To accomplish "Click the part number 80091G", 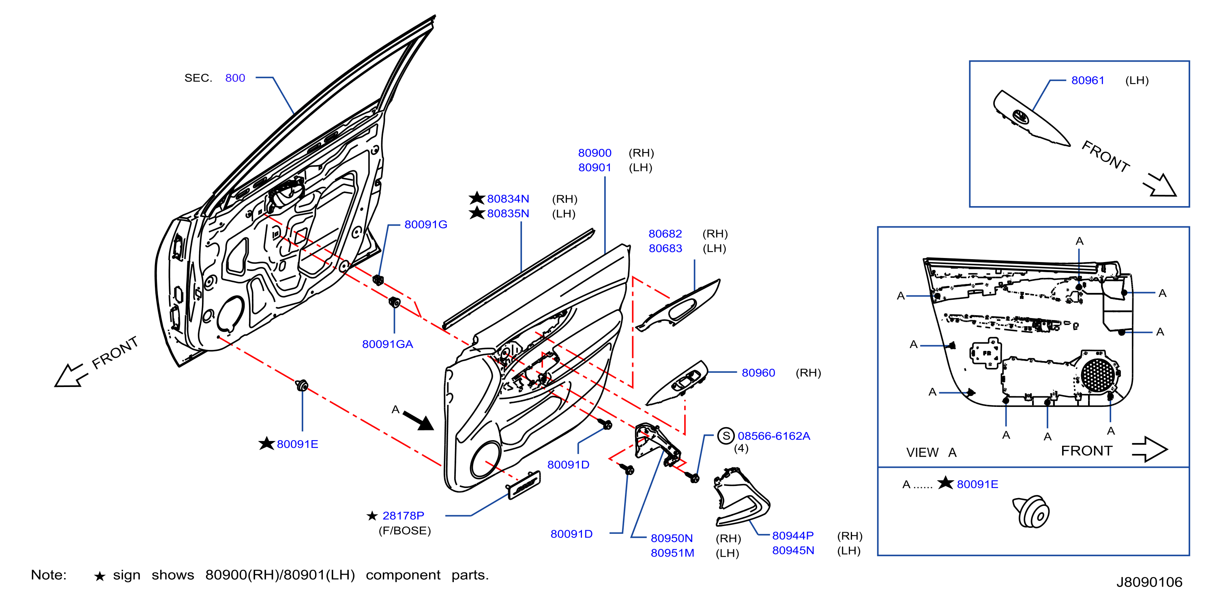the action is point(425,225).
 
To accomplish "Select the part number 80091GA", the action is point(387,344).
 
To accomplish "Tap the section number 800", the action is point(235,78).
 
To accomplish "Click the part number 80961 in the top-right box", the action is point(1088,80).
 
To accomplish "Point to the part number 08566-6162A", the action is point(773,436).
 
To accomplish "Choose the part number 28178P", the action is point(403,516).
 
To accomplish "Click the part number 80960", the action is point(758,373).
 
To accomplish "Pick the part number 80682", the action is point(665,234).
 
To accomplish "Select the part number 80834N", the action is point(508,199).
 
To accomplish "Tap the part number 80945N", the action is point(793,550).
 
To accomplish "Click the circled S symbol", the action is point(726,436).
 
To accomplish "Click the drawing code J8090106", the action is point(1149,582).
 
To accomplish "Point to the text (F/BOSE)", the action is point(404,531).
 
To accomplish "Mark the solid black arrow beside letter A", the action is point(419,420).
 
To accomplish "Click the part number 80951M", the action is point(672,553).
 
